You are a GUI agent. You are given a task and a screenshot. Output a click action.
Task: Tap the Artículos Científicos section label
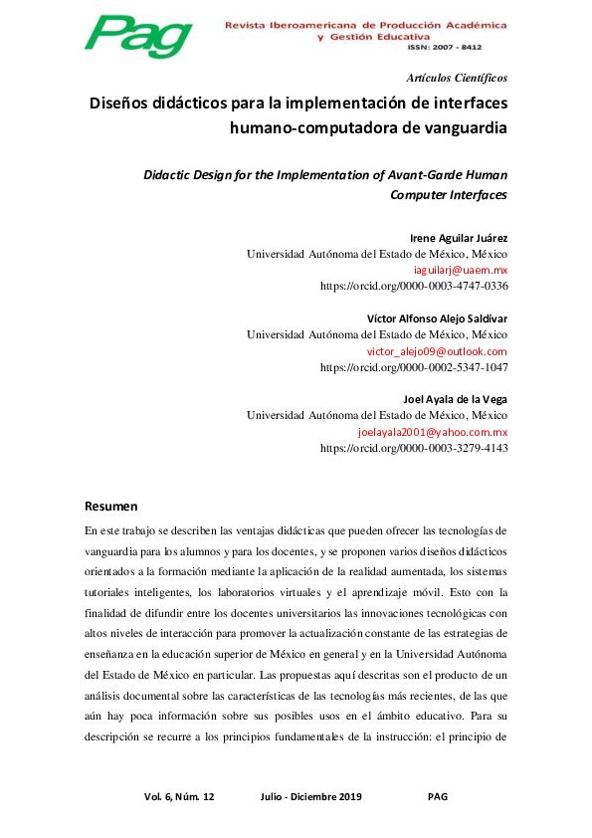point(458,78)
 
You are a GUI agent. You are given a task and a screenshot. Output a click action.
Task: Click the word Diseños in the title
point(124,104)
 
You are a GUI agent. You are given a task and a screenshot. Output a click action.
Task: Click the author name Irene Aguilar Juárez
point(459,238)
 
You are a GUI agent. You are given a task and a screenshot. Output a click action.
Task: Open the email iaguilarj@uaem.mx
point(461,270)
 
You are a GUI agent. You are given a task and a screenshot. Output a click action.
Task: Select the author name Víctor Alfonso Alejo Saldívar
point(438,318)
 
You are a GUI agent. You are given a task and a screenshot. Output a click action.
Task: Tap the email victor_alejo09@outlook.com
point(437,351)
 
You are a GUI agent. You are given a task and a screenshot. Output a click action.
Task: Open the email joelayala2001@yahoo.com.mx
point(433,433)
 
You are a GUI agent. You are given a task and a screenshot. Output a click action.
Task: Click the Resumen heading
point(110,506)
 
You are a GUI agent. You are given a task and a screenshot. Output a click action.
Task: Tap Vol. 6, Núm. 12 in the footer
point(179,797)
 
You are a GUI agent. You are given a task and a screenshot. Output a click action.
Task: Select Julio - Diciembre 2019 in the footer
point(310,797)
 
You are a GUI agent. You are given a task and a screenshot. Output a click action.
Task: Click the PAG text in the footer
point(438,797)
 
